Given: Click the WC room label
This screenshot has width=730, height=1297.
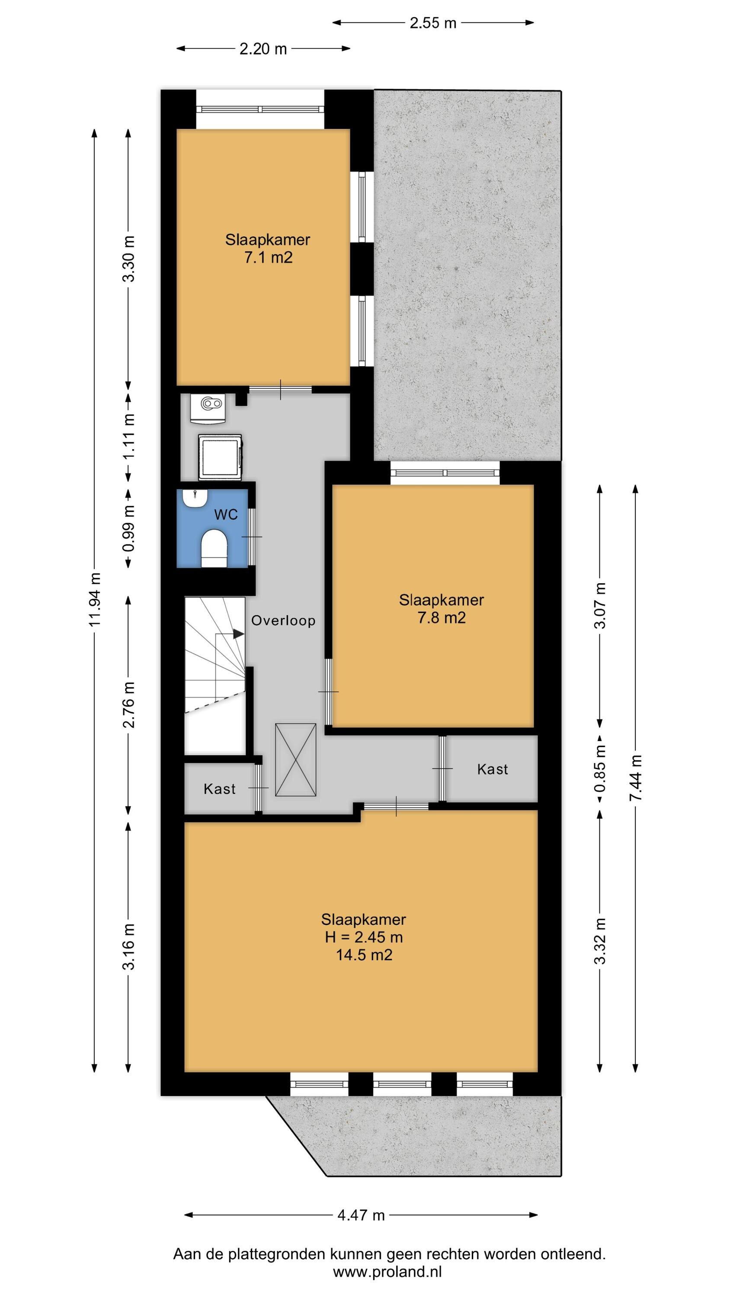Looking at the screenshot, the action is [x=226, y=515].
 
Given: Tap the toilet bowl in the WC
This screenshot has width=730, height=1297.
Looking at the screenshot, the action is [x=214, y=548].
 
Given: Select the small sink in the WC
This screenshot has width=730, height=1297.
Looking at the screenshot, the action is [x=195, y=498].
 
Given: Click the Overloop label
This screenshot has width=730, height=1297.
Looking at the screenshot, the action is [x=283, y=620].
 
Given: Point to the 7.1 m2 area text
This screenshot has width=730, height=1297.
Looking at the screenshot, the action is [x=268, y=258].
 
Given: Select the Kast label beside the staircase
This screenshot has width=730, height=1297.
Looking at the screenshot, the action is [x=220, y=789].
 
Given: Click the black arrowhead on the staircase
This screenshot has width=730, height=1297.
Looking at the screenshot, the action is [x=238, y=634].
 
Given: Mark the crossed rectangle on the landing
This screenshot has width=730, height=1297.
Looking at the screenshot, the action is [x=296, y=760].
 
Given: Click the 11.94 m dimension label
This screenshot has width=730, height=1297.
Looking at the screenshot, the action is [x=96, y=599].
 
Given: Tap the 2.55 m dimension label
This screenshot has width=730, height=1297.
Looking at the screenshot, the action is [x=433, y=22].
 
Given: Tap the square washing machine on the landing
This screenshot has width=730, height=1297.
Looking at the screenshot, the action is [x=220, y=457].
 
